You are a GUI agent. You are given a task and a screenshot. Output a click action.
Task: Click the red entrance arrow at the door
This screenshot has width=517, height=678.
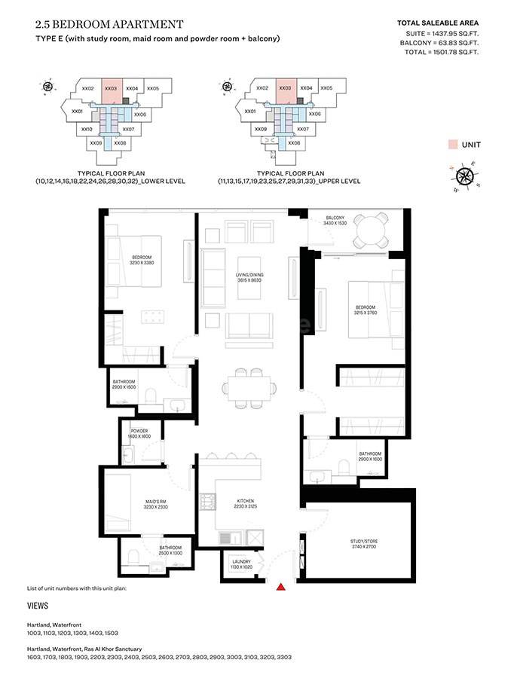282,586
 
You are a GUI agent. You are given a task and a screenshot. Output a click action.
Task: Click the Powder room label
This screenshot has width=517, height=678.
140,434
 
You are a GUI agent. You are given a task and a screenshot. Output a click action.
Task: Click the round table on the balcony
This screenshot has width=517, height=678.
370,230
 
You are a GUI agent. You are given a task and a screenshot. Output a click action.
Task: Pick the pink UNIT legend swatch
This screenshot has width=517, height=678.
452,144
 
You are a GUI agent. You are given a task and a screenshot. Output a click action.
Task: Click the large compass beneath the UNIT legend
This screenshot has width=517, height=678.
465,176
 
